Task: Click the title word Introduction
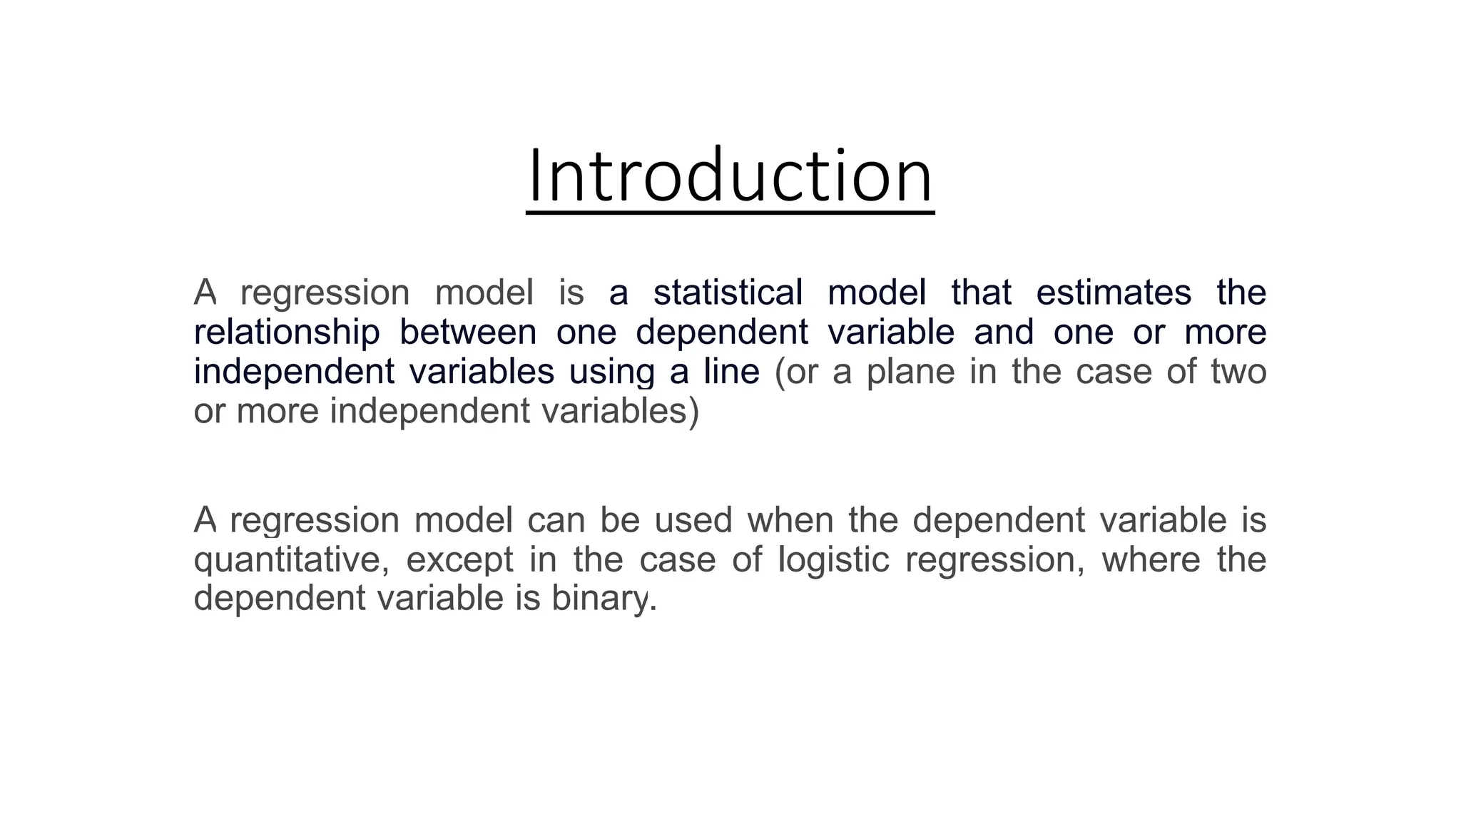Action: [x=730, y=176]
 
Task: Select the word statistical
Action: [x=728, y=293]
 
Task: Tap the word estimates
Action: [x=1114, y=293]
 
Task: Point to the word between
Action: [x=467, y=333]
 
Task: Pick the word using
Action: [x=611, y=372]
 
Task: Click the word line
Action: [x=731, y=372]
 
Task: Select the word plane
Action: [x=910, y=372]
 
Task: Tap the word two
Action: [x=1238, y=372]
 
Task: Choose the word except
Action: [x=459, y=560]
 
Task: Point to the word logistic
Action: [x=833, y=559]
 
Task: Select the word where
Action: [x=1151, y=559]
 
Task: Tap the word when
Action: [x=790, y=519]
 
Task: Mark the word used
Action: [x=693, y=519]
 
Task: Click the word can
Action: [x=556, y=520]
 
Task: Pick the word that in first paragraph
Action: [x=981, y=293]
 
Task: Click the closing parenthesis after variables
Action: [x=693, y=412]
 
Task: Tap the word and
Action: [x=1004, y=333]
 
